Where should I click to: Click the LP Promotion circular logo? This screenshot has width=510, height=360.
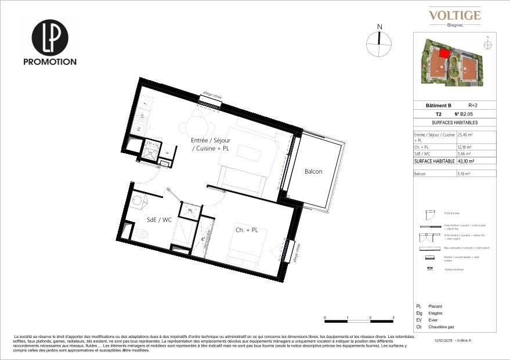point(49,38)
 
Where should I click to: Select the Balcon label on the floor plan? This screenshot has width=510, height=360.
point(313,171)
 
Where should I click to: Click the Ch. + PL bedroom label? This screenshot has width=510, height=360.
point(246,231)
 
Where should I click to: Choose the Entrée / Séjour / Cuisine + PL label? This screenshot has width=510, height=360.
point(211,145)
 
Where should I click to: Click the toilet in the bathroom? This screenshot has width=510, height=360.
point(143,235)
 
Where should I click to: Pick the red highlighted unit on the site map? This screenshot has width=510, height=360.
point(444,53)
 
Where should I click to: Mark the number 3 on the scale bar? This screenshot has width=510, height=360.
point(393,318)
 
